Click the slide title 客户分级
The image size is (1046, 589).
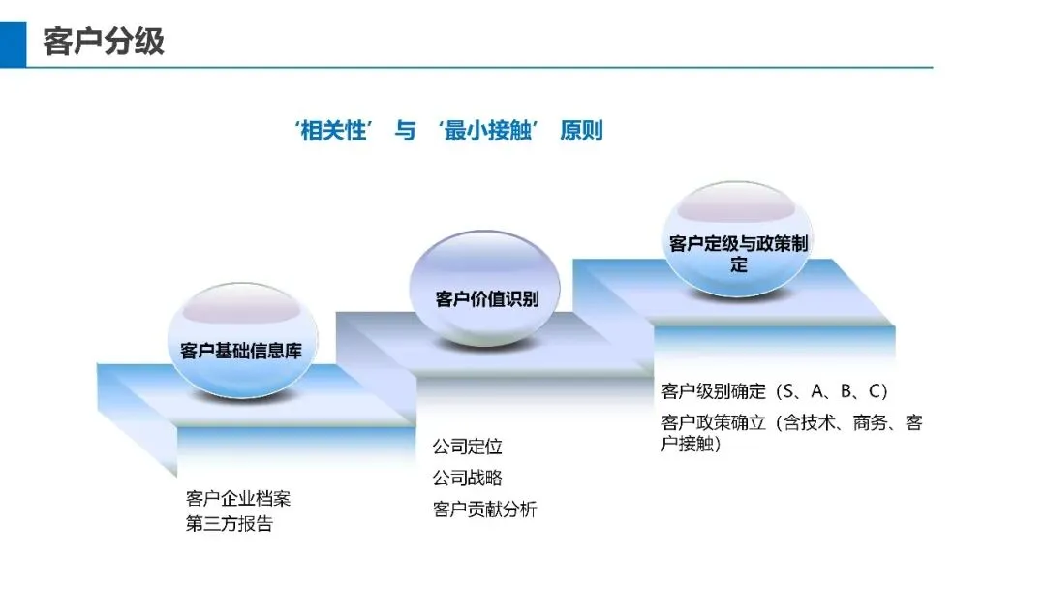104,42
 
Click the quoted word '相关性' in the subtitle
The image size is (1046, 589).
334,131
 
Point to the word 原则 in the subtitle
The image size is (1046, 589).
581,131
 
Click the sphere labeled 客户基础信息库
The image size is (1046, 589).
240,344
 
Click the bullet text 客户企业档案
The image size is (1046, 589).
238,499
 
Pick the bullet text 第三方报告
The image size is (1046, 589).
230,524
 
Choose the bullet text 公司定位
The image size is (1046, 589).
468,448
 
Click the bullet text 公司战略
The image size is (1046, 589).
468,478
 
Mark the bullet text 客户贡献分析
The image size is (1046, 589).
485,510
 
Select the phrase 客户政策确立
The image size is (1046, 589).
714,422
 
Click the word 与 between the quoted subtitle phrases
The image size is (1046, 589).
405,131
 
